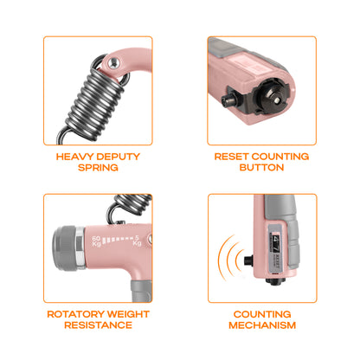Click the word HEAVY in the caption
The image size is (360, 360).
click(x=75, y=157)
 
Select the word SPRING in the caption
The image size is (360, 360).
click(x=98, y=168)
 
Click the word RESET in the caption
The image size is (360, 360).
click(x=231, y=157)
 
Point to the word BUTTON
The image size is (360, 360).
click(x=261, y=168)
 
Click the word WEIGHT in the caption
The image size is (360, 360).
click(x=128, y=314)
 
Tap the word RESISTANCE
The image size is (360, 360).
click(x=98, y=325)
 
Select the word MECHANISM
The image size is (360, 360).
click(x=262, y=325)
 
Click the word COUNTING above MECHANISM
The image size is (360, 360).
click(x=262, y=314)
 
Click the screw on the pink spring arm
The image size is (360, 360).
click(x=114, y=62)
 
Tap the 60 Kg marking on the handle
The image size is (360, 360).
click(x=96, y=241)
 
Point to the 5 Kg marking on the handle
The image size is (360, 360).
click(x=137, y=241)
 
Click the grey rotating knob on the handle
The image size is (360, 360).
click(x=64, y=248)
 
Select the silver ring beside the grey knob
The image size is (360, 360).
click(x=80, y=247)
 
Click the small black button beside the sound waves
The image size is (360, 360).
click(x=248, y=260)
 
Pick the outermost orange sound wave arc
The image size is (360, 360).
click(x=222, y=258)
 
